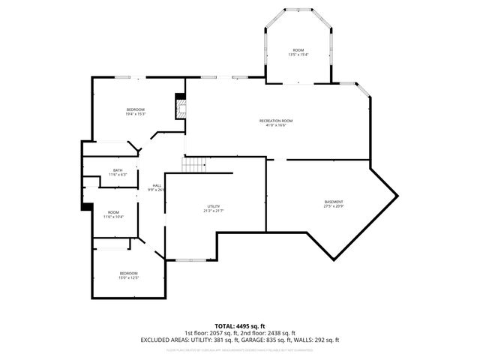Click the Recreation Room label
click(276, 121)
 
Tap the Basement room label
click(334, 202)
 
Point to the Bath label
click(118, 170)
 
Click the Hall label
click(157, 185)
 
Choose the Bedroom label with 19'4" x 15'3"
click(135, 109)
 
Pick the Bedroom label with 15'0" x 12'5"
click(129, 273)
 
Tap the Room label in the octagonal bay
click(298, 49)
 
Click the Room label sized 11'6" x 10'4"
click(113, 212)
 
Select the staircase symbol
click(194, 165)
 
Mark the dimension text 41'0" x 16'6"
click(276, 126)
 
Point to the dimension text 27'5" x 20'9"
click(334, 207)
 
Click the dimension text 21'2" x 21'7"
click(214, 211)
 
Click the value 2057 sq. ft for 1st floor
click(221, 333)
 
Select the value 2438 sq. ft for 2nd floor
click(280, 333)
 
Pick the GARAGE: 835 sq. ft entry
click(269, 340)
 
